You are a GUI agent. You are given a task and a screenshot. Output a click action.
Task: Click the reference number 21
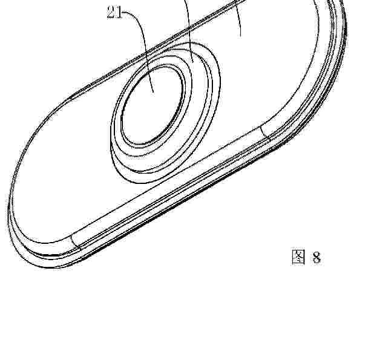click(x=114, y=12)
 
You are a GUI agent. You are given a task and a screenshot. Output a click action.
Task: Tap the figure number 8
click(x=316, y=257)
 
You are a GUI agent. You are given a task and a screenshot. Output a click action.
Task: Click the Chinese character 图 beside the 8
click(x=298, y=257)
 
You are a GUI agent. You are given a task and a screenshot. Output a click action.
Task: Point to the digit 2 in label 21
click(x=111, y=12)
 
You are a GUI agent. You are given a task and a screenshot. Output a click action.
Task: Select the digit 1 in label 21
click(x=119, y=12)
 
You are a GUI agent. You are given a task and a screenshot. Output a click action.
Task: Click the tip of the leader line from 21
click(x=153, y=93)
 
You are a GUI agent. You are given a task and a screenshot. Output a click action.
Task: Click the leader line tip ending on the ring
click(x=193, y=62)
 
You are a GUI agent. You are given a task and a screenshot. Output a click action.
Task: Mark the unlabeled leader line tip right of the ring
click(x=240, y=37)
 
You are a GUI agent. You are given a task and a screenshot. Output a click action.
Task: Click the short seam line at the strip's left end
click(x=76, y=242)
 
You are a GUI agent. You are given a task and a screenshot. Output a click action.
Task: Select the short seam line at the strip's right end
click(x=264, y=133)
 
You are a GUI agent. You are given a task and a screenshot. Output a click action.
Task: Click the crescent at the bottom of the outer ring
click(x=134, y=175)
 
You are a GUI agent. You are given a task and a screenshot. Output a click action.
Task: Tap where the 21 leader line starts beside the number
click(x=123, y=12)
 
